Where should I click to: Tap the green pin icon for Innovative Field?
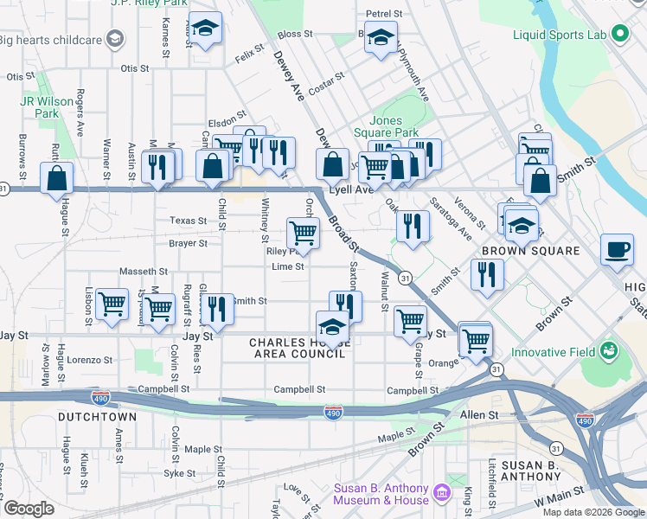[x=610, y=352]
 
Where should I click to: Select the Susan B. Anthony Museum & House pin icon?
[x=441, y=493]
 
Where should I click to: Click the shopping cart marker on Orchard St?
[x=302, y=232]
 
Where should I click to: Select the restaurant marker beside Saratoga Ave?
[x=413, y=226]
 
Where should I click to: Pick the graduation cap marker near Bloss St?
[x=381, y=37]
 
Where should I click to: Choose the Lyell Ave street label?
[x=349, y=189]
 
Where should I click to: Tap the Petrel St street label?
[x=384, y=14]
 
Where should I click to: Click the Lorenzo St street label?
[x=91, y=359]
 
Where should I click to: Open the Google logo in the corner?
[x=29, y=509]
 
